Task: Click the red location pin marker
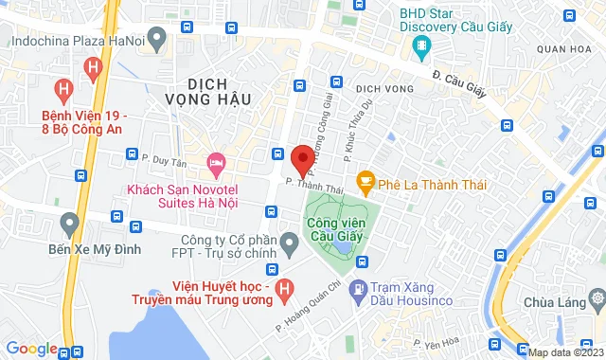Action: point(303,159)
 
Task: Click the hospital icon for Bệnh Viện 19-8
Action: point(92,68)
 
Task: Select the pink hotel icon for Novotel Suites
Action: point(215,163)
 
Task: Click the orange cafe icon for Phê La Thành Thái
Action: point(364,180)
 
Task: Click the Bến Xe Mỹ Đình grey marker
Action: point(67,225)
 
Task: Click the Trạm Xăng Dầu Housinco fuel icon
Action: point(359,288)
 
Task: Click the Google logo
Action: point(30,349)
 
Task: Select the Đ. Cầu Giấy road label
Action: point(459,65)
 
